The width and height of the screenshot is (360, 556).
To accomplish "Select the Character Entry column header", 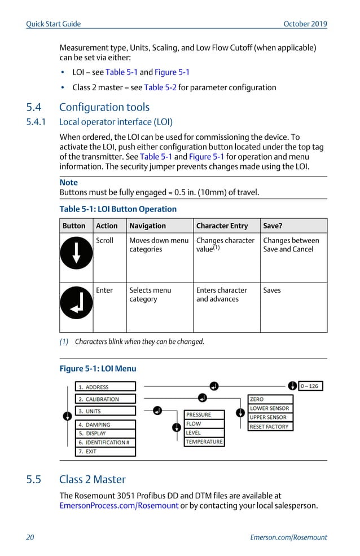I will coord(222,226).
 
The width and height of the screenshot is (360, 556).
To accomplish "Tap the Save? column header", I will coord(273,226).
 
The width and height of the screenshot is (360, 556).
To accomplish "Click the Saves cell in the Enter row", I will coord(272,290).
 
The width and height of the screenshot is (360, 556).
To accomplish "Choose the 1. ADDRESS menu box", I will coord(106,387).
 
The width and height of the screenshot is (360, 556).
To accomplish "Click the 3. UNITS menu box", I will coord(106,411).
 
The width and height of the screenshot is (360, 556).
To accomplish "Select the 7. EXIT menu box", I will coord(106,451).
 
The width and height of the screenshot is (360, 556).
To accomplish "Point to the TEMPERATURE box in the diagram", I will coord(204,442).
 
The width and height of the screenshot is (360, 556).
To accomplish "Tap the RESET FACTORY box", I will coord(270,426).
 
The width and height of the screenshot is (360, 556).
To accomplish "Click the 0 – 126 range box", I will coord(310,386).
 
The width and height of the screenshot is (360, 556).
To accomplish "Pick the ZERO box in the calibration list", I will coord(270,399).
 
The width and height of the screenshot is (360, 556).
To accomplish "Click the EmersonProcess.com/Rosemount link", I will coord(119,506).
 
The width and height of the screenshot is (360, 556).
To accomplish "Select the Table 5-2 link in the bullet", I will coord(160,87).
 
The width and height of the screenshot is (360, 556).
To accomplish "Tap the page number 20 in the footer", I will coord(30,537).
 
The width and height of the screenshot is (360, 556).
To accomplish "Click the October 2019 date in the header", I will coord(305,24).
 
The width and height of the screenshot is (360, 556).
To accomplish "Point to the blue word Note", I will coord(69,183).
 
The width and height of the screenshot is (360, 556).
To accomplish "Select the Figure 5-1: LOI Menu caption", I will coord(98,369).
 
